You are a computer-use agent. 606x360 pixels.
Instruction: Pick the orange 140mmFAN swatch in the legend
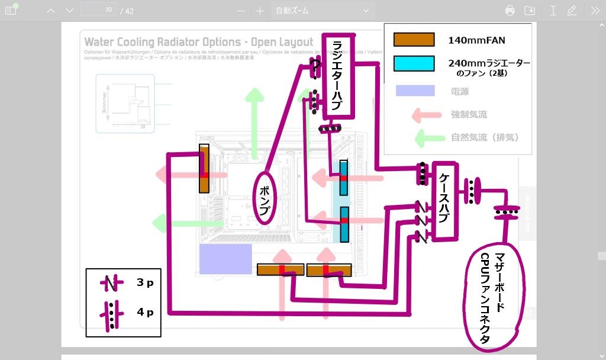(414, 40)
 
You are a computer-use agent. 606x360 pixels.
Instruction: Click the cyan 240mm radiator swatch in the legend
(414, 63)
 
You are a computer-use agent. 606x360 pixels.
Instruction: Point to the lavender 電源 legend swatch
(414, 91)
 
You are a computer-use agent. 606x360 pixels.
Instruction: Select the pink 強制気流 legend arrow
(427, 114)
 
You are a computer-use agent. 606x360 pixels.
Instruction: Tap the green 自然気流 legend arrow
(428, 137)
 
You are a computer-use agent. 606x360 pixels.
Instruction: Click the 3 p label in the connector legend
(145, 283)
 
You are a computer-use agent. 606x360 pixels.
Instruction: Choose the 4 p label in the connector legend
(145, 312)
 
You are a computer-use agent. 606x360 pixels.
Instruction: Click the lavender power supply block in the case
(225, 259)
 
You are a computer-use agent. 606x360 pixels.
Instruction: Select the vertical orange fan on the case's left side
(204, 169)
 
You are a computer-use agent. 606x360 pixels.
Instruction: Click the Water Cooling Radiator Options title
(199, 42)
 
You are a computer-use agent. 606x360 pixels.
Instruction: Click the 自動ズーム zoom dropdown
(323, 11)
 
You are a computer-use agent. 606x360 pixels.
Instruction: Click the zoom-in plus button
(260, 11)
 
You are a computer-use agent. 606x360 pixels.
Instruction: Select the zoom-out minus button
(241, 11)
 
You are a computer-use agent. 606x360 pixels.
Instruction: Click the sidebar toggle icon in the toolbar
(11, 11)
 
